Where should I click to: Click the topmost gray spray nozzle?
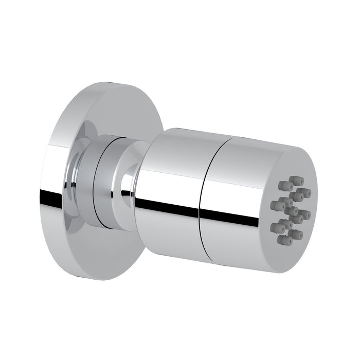click(297, 180)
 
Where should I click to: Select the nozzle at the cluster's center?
click(292, 210)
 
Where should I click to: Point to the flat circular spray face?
click(293, 206)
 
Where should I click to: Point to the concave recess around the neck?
click(77, 175)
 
